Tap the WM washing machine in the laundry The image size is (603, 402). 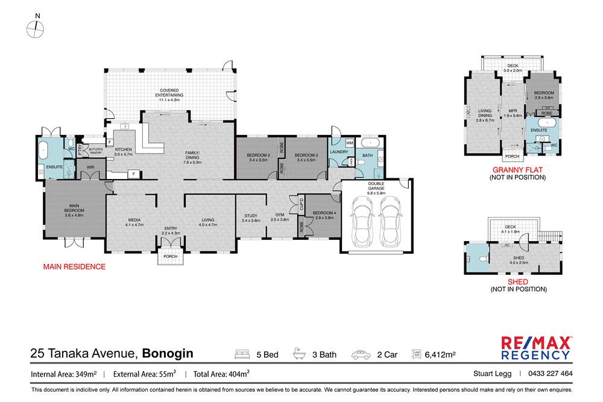click(349, 143)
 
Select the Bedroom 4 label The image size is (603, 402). click(320, 215)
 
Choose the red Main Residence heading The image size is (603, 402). click(74, 266)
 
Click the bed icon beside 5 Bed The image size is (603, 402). click(242, 354)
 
